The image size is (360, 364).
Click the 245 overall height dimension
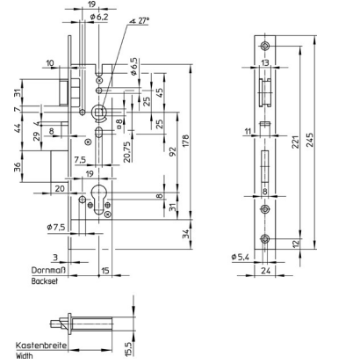(x=309, y=140)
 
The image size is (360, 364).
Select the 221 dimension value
(x=296, y=142)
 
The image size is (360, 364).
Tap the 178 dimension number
(x=186, y=141)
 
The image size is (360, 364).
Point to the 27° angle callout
(x=140, y=21)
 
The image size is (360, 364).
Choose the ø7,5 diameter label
(x=56, y=227)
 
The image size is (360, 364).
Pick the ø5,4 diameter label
(x=240, y=258)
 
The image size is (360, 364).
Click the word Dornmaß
(x=49, y=270)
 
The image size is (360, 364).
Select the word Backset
(x=45, y=281)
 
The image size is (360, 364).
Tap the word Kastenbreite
(x=41, y=346)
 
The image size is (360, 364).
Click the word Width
(x=25, y=356)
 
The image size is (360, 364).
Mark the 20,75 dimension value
(x=127, y=150)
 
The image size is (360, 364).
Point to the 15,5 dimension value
(x=130, y=349)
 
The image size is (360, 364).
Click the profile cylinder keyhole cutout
(x=99, y=200)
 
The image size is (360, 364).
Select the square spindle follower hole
(x=99, y=112)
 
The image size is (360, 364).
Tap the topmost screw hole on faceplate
(x=265, y=46)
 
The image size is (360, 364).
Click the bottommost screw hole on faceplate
(x=265, y=239)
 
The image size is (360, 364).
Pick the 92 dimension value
(x=173, y=151)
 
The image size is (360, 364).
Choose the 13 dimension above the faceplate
(x=265, y=62)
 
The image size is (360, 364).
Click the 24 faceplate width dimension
(x=265, y=271)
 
